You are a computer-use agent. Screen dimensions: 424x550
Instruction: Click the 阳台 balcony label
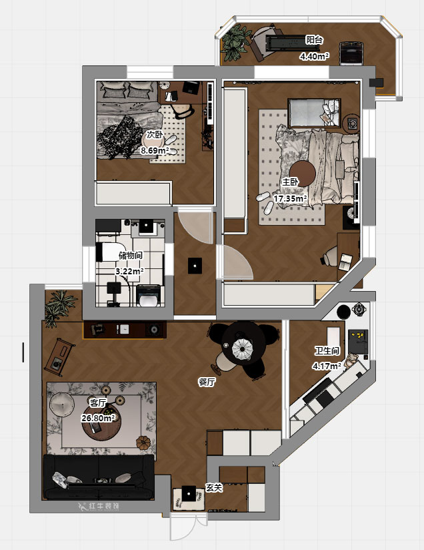click(314, 40)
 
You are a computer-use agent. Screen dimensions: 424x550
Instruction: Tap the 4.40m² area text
click(314, 56)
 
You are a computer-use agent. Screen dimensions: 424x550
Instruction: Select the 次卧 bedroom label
click(155, 135)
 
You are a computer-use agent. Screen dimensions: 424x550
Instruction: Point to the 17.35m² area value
click(290, 199)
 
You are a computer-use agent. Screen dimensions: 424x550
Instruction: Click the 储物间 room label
click(131, 256)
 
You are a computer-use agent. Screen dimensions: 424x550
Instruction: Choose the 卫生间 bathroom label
click(327, 350)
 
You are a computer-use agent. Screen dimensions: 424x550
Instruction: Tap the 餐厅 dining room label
click(207, 382)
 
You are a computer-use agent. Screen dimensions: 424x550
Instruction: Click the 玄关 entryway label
click(214, 487)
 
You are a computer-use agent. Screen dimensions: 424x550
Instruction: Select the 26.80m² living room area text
click(98, 418)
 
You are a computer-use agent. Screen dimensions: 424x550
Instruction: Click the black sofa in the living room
click(99, 477)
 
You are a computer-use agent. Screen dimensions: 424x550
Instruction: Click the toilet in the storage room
click(149, 296)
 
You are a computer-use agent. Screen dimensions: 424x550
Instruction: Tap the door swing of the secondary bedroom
click(195, 227)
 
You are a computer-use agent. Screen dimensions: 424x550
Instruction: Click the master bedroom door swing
click(235, 262)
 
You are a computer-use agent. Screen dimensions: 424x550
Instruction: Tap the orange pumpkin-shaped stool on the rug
click(143, 443)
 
